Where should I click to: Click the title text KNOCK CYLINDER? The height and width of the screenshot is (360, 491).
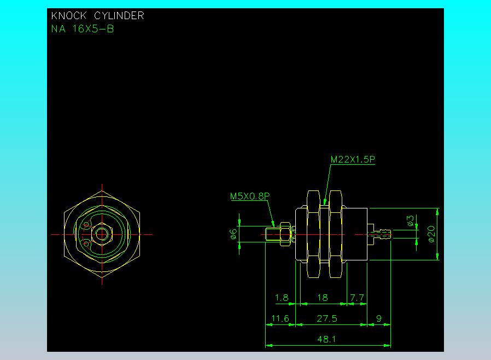click(97, 16)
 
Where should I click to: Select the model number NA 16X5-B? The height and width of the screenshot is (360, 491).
click(83, 29)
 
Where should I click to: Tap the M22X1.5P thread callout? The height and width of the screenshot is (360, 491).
click(353, 159)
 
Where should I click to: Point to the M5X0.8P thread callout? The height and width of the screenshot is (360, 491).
click(250, 196)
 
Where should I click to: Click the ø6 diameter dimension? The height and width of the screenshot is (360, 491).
click(233, 234)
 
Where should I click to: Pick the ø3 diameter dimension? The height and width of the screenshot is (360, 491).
click(411, 220)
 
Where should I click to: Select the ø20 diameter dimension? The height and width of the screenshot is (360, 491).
click(431, 234)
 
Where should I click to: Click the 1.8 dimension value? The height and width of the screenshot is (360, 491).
click(281, 298)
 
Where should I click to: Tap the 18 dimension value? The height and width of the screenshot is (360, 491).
click(323, 298)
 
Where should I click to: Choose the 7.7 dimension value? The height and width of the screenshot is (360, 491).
click(357, 298)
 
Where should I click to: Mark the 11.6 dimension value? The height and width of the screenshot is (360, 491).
click(280, 318)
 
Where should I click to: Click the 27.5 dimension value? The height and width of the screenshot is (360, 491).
click(327, 318)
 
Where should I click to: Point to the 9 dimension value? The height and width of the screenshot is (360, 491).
click(379, 318)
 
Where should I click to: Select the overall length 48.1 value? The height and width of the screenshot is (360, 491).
click(326, 339)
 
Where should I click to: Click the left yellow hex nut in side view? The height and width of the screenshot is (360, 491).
click(313, 234)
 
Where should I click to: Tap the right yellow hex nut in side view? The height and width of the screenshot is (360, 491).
click(335, 234)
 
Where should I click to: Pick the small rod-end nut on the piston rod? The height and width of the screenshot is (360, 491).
click(285, 234)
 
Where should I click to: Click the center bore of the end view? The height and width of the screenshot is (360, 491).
click(102, 234)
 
